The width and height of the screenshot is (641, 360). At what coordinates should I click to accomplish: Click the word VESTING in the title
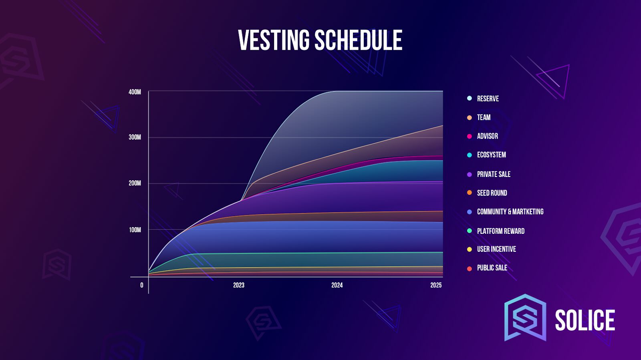274,40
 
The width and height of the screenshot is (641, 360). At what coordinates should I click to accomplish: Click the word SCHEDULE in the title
359,40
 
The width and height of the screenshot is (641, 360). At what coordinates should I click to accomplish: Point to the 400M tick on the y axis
135,92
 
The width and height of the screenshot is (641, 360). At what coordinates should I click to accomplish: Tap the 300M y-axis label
135,137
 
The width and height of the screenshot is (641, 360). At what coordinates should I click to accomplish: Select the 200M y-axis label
135,183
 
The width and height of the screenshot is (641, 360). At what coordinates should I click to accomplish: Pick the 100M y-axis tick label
135,230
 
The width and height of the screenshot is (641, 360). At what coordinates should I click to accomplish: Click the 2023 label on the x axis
239,285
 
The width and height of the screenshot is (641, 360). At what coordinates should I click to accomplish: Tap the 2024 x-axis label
337,285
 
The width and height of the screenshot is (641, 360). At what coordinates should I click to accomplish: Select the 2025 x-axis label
436,285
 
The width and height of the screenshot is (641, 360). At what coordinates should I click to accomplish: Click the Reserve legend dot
469,99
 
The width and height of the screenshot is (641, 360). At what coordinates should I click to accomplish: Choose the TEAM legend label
484,117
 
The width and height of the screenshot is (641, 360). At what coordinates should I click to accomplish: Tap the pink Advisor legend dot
469,137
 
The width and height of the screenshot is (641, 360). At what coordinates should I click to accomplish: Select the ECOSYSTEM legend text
491,155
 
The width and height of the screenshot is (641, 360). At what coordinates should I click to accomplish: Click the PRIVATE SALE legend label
494,175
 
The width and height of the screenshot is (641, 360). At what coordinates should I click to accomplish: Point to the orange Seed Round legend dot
469,193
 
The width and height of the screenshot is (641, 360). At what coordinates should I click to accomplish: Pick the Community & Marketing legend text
510,211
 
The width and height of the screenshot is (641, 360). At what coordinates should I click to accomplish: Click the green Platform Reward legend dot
469,231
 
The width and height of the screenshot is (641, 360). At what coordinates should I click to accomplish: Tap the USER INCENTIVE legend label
496,249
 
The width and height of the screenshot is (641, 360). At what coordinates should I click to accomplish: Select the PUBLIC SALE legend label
492,268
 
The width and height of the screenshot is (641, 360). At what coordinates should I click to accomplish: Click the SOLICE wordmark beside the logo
585,320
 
